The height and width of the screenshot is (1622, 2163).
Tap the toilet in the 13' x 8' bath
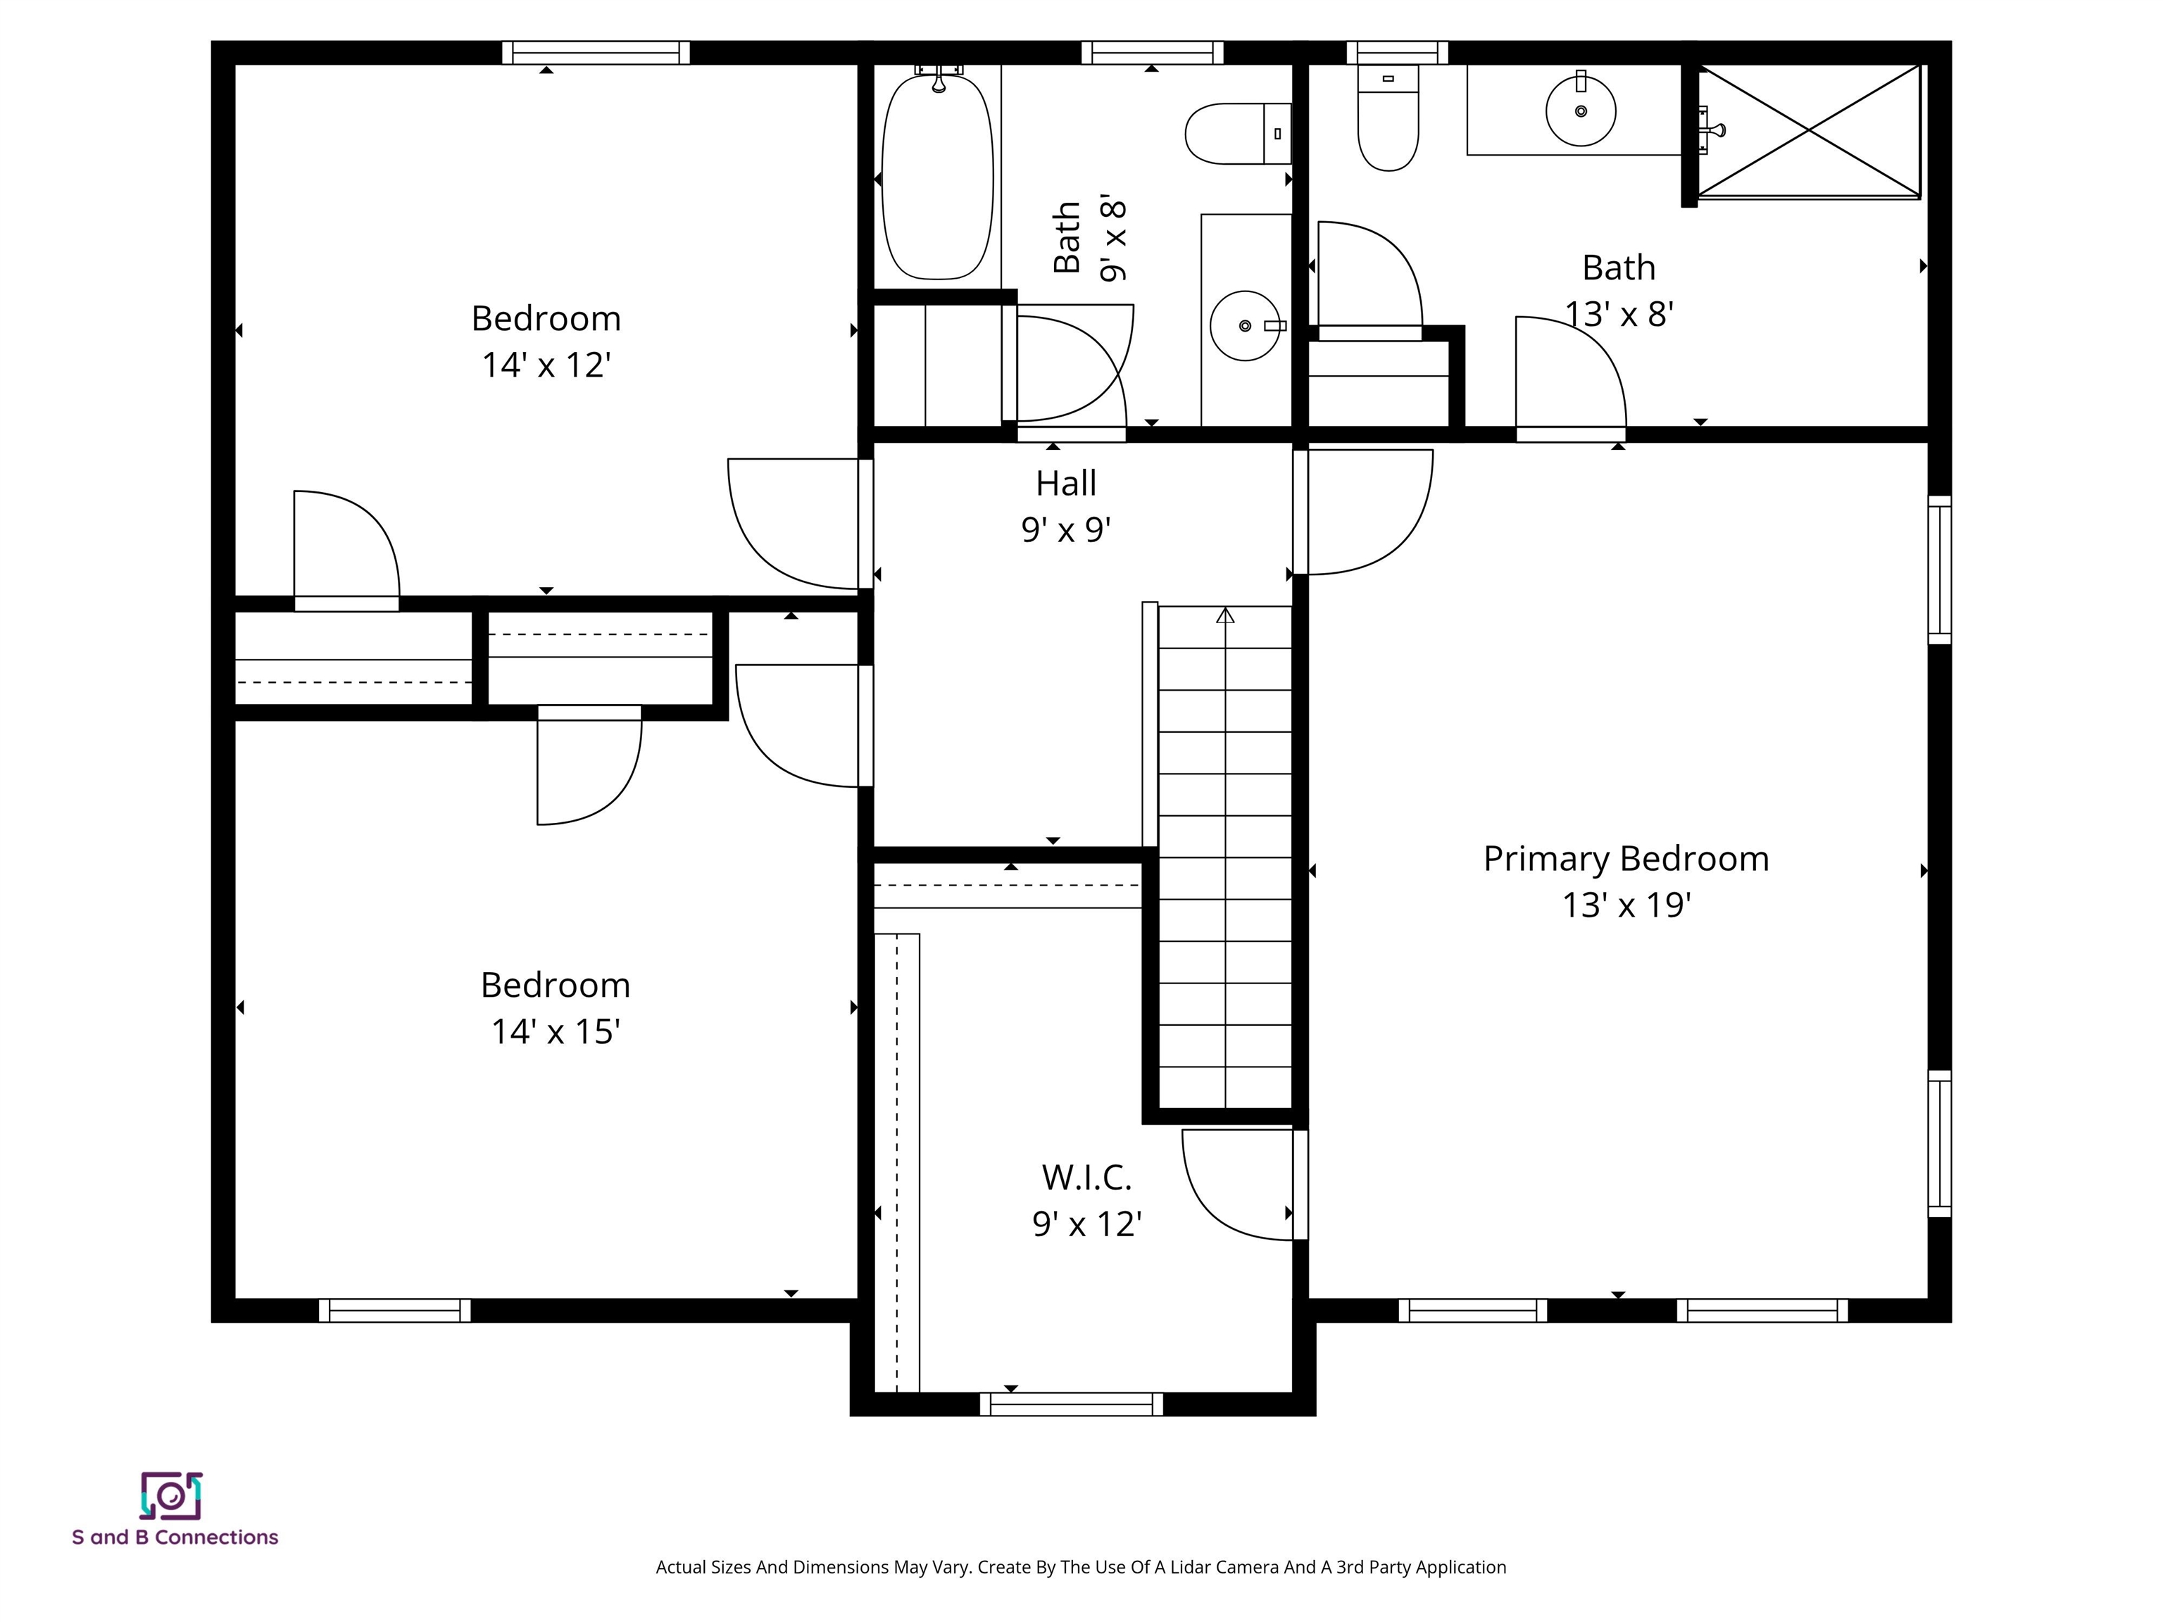(x=1388, y=122)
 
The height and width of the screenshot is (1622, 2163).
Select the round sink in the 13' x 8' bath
(x=1580, y=111)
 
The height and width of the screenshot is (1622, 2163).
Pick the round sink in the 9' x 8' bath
(x=1245, y=325)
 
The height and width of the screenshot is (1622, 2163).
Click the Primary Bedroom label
(x=1625, y=858)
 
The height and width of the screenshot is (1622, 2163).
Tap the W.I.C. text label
(x=1086, y=1177)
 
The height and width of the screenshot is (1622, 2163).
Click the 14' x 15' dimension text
(x=556, y=1031)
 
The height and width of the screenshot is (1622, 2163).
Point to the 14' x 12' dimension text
(x=546, y=365)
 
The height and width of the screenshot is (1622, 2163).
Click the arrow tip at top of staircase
(x=1225, y=615)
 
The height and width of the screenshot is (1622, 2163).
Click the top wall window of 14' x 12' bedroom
(x=596, y=52)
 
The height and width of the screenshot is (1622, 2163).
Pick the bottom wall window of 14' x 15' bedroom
(x=394, y=1310)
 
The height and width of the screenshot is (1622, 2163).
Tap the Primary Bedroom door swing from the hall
(x=1388, y=528)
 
